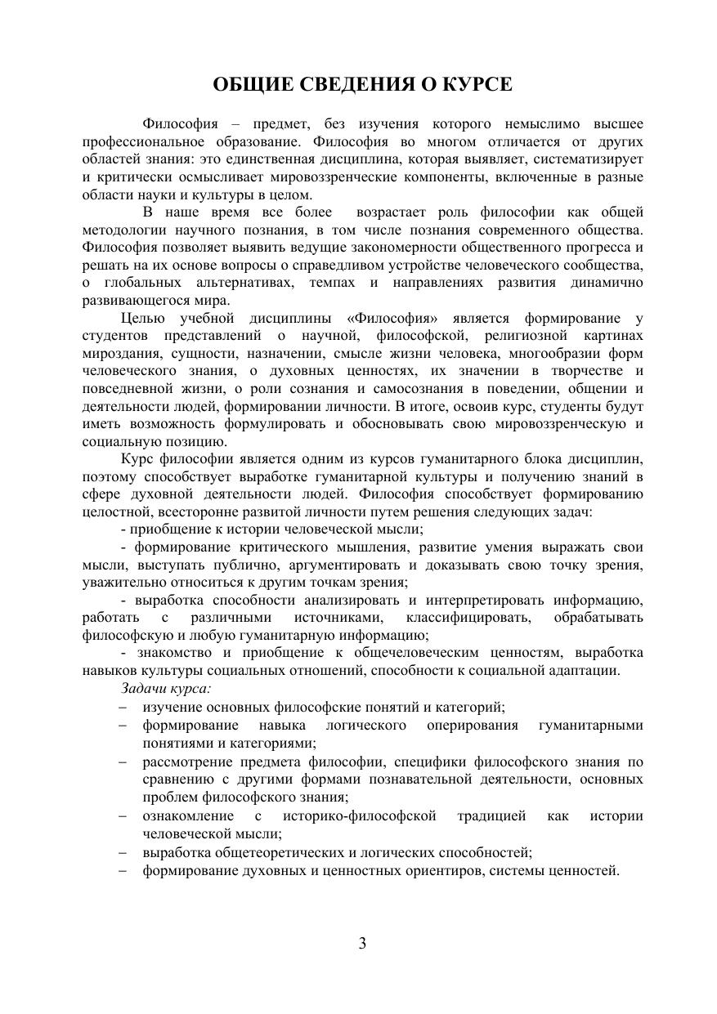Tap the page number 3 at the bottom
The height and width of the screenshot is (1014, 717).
click(362, 945)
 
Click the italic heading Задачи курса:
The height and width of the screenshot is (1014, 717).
click(166, 689)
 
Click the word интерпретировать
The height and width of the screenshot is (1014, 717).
click(493, 601)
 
